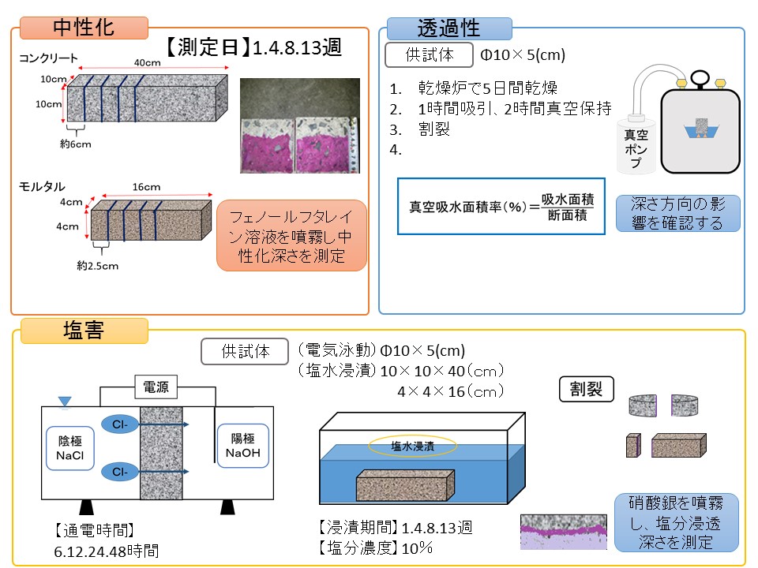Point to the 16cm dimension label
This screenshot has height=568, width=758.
[147, 188]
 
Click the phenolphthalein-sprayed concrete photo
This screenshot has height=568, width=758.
[299, 125]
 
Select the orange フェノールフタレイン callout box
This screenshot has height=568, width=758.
[291, 235]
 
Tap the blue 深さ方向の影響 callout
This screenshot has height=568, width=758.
[678, 213]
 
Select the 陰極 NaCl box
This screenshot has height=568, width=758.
[71, 447]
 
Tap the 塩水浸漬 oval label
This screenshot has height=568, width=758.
[411, 446]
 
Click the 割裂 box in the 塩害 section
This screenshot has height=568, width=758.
[586, 388]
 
